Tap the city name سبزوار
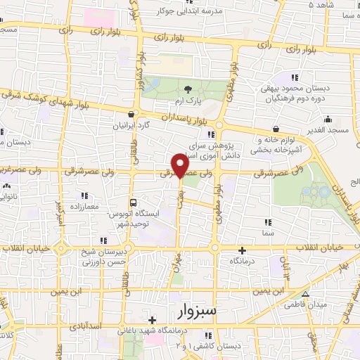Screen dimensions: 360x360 195,311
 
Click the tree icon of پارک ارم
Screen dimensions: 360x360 188,89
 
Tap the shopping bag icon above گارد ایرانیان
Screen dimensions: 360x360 131,115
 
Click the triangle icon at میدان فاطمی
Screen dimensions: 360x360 304,295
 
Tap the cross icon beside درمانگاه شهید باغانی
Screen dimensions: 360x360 151,320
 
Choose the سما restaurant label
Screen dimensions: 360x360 266,232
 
